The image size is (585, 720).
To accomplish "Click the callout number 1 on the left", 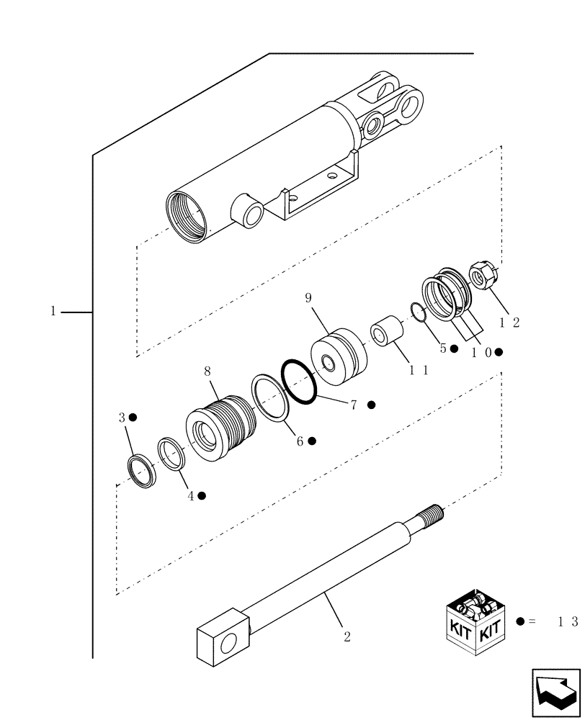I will (53, 312).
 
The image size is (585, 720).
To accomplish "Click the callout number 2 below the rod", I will (347, 637).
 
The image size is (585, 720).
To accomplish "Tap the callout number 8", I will (207, 372).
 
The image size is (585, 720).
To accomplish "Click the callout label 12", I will (506, 323).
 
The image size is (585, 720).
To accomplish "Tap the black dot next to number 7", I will (371, 405).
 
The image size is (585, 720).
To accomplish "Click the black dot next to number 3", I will (133, 418).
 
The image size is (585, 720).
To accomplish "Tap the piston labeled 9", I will (339, 356).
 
